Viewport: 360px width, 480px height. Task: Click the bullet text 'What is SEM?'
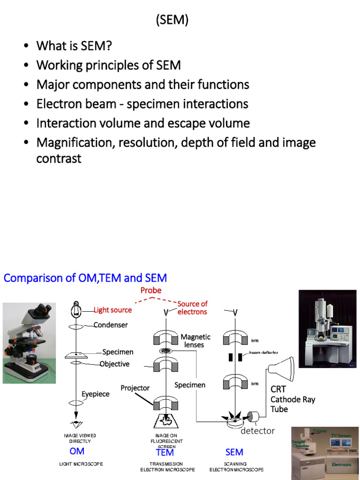74,46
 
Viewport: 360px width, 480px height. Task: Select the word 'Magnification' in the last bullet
75,142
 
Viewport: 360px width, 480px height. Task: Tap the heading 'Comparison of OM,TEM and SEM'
85,278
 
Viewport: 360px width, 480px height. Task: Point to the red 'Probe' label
151,290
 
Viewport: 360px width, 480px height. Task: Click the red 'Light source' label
112,310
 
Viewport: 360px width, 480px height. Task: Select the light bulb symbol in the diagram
75,309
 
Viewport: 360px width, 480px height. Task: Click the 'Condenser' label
111,325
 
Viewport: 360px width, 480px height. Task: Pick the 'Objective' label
114,364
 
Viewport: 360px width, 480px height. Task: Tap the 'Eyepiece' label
96,394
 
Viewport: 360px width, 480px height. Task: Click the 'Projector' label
135,388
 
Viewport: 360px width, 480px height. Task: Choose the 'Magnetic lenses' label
195,341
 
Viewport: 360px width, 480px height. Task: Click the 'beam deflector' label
263,352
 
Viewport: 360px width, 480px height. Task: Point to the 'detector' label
257,431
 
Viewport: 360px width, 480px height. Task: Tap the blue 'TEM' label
165,452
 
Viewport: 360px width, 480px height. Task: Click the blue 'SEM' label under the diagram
234,452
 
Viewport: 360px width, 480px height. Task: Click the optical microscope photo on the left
29,343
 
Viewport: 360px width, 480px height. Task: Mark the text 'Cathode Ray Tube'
292,404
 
